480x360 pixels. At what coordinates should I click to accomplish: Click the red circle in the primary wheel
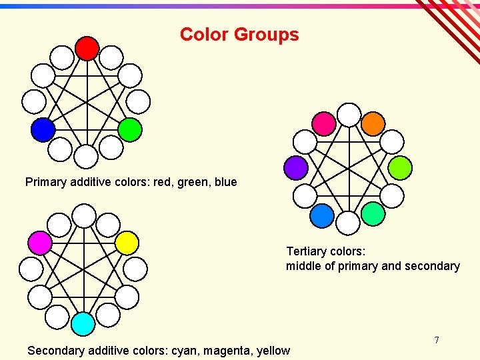(x=87, y=48)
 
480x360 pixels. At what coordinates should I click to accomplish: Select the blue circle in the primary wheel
(x=43, y=129)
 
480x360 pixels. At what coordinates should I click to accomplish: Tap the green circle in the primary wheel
(x=130, y=129)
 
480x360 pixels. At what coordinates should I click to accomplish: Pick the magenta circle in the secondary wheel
(x=40, y=243)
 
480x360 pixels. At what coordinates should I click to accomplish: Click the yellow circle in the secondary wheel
(x=127, y=243)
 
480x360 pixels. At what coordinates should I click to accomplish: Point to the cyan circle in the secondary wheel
(x=83, y=323)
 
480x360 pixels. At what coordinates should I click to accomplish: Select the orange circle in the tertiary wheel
(x=373, y=123)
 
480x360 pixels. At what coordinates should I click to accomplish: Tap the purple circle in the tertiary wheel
(x=296, y=167)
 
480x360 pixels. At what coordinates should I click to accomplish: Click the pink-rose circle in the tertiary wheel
(x=325, y=123)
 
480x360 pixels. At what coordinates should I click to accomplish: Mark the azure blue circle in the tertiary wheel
(x=323, y=215)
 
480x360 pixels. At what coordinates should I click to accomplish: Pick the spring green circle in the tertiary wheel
(x=373, y=214)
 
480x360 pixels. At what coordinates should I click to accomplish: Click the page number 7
(x=437, y=340)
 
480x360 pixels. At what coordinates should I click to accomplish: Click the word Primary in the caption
(x=47, y=182)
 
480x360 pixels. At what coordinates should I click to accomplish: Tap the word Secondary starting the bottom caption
(x=55, y=350)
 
